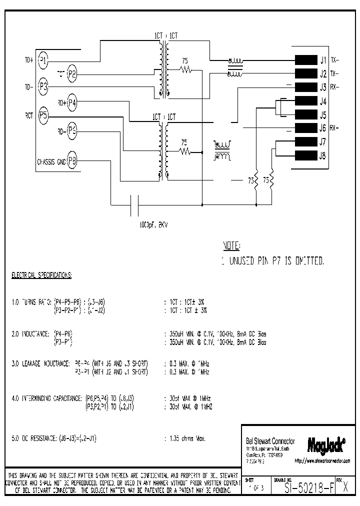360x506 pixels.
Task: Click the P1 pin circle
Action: point(43,60)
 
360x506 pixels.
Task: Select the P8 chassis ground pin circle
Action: point(72,161)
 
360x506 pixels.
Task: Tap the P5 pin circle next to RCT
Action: point(43,115)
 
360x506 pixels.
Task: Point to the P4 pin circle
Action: point(72,103)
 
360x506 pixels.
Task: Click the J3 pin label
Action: point(323,87)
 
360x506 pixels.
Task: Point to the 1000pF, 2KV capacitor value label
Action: point(153,225)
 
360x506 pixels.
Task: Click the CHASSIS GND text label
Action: point(51,162)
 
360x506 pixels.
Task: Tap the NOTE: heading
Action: point(231,246)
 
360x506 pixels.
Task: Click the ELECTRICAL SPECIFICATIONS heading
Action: point(41,275)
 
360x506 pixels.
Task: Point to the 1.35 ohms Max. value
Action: point(184,438)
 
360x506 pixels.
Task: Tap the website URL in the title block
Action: point(322,460)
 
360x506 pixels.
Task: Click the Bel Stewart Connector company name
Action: point(270,441)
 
